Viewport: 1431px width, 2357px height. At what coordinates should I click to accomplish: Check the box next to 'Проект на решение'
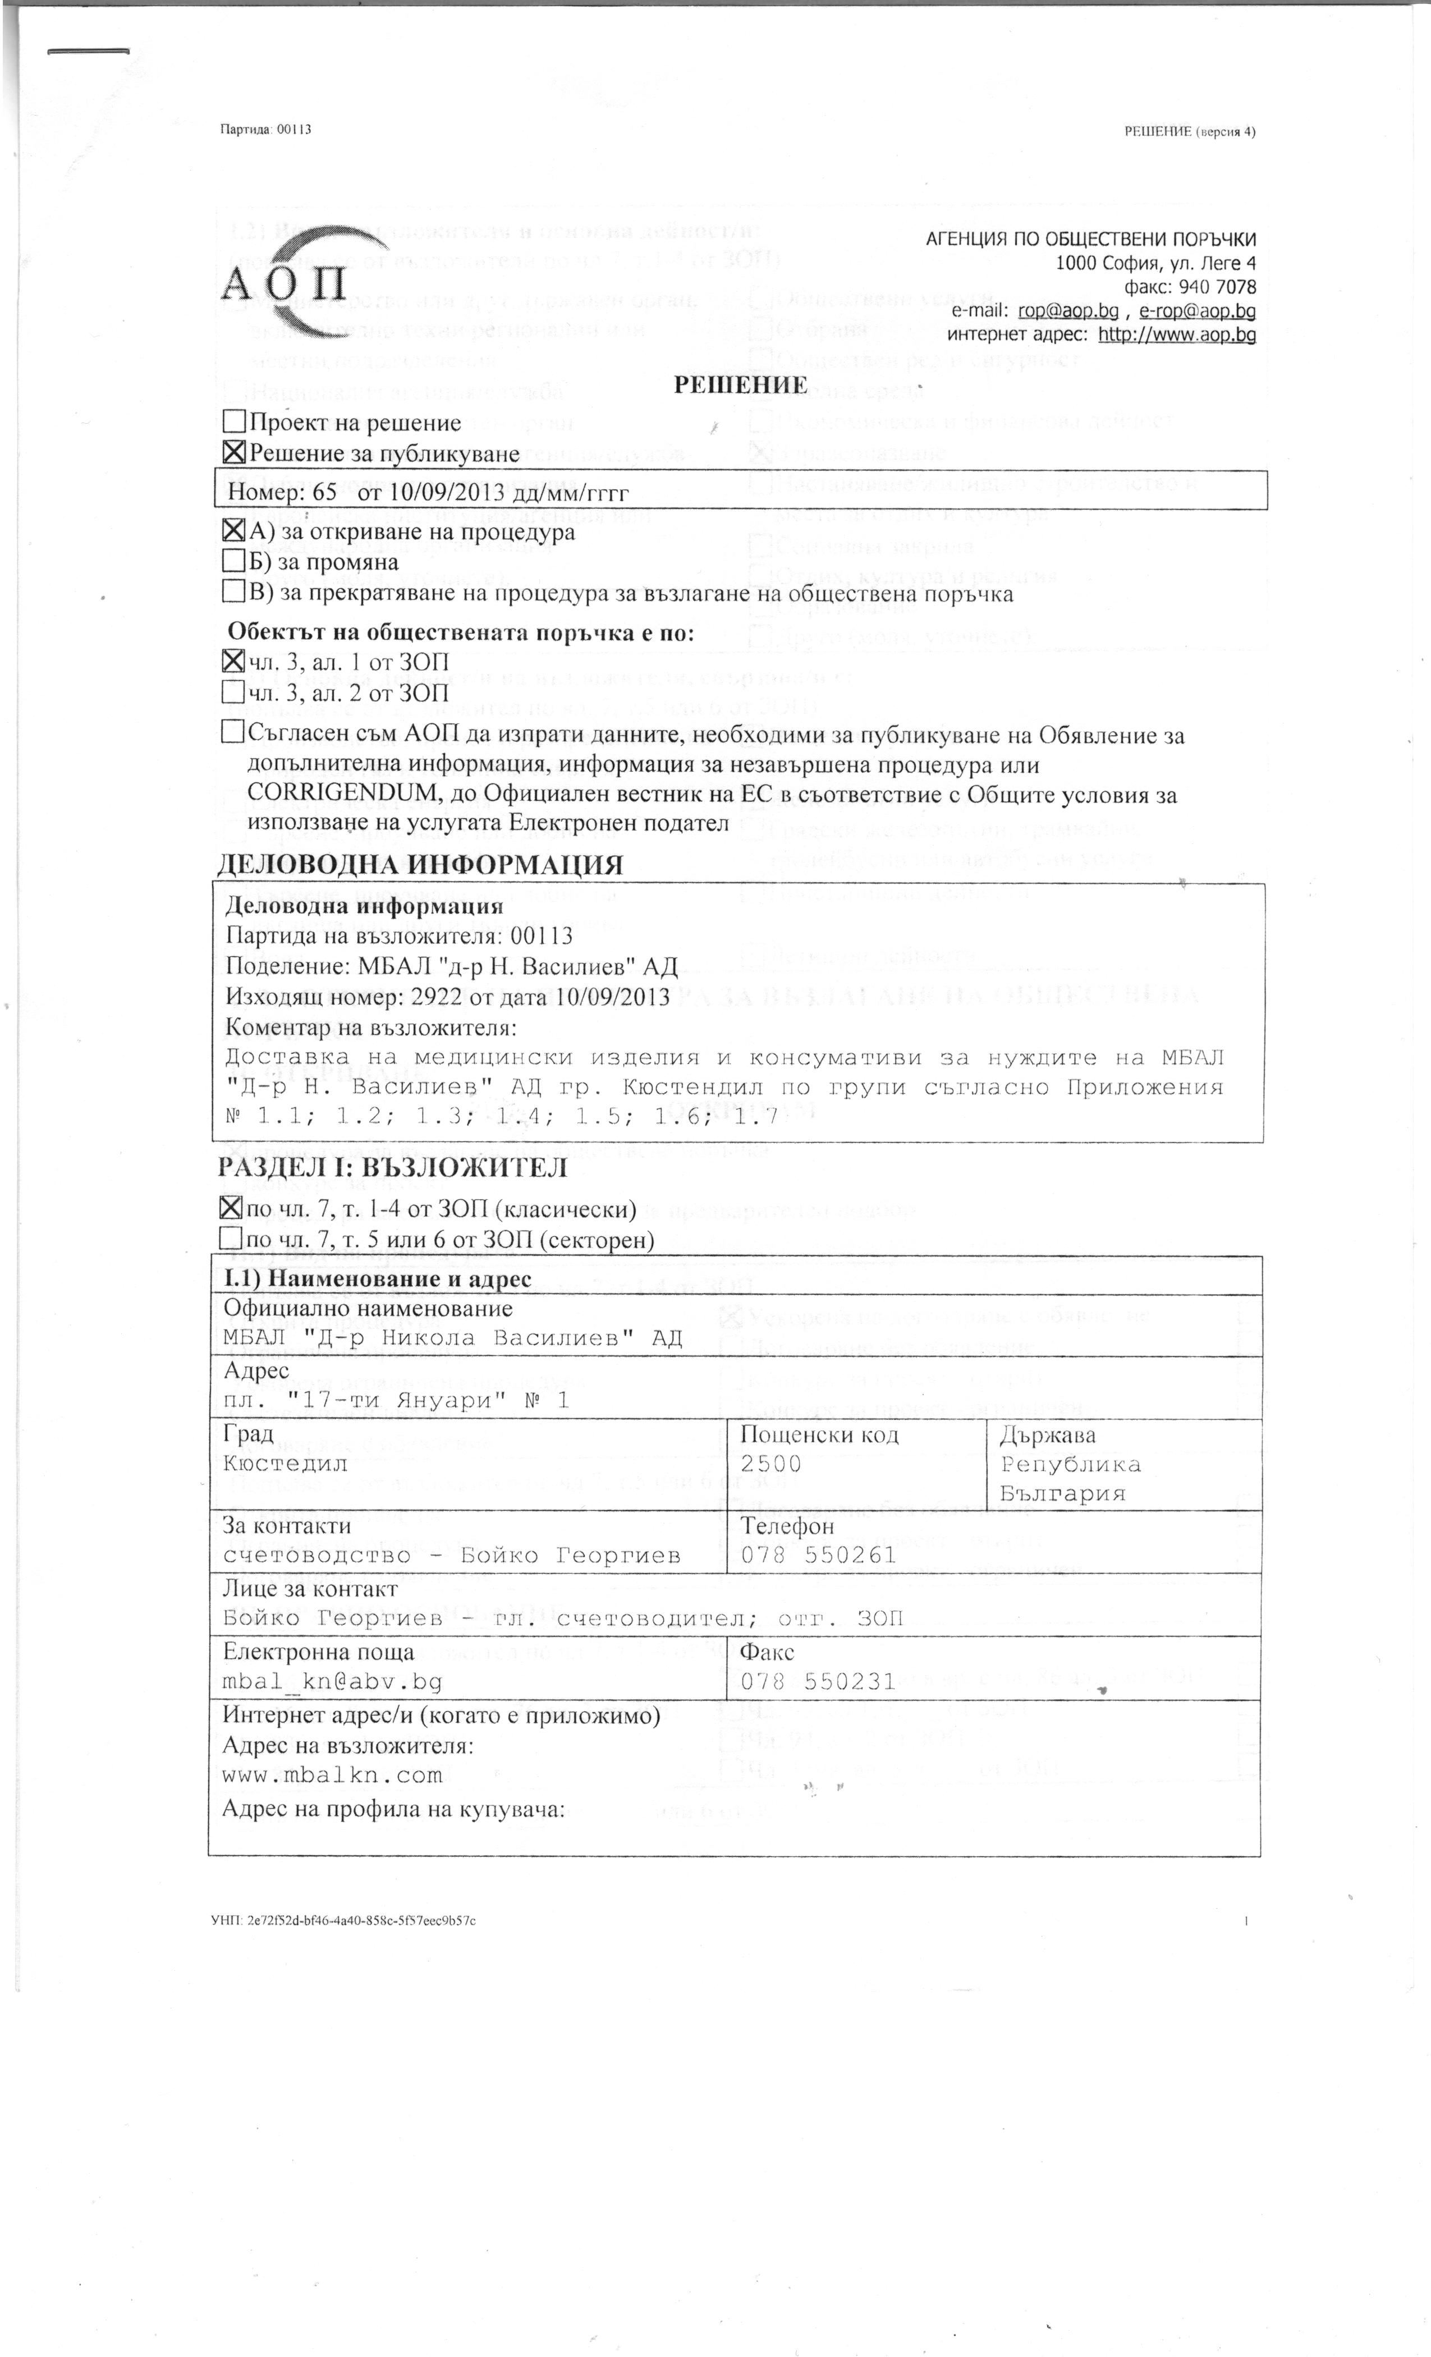pyautogui.click(x=233, y=422)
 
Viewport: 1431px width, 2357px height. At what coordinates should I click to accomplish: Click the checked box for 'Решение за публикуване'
pyautogui.click(x=233, y=452)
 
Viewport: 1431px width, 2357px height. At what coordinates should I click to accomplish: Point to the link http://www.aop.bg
pyautogui.click(x=1177, y=335)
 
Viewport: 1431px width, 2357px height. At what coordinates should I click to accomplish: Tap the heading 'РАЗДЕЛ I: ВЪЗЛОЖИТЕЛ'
pyautogui.click(x=393, y=1168)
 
